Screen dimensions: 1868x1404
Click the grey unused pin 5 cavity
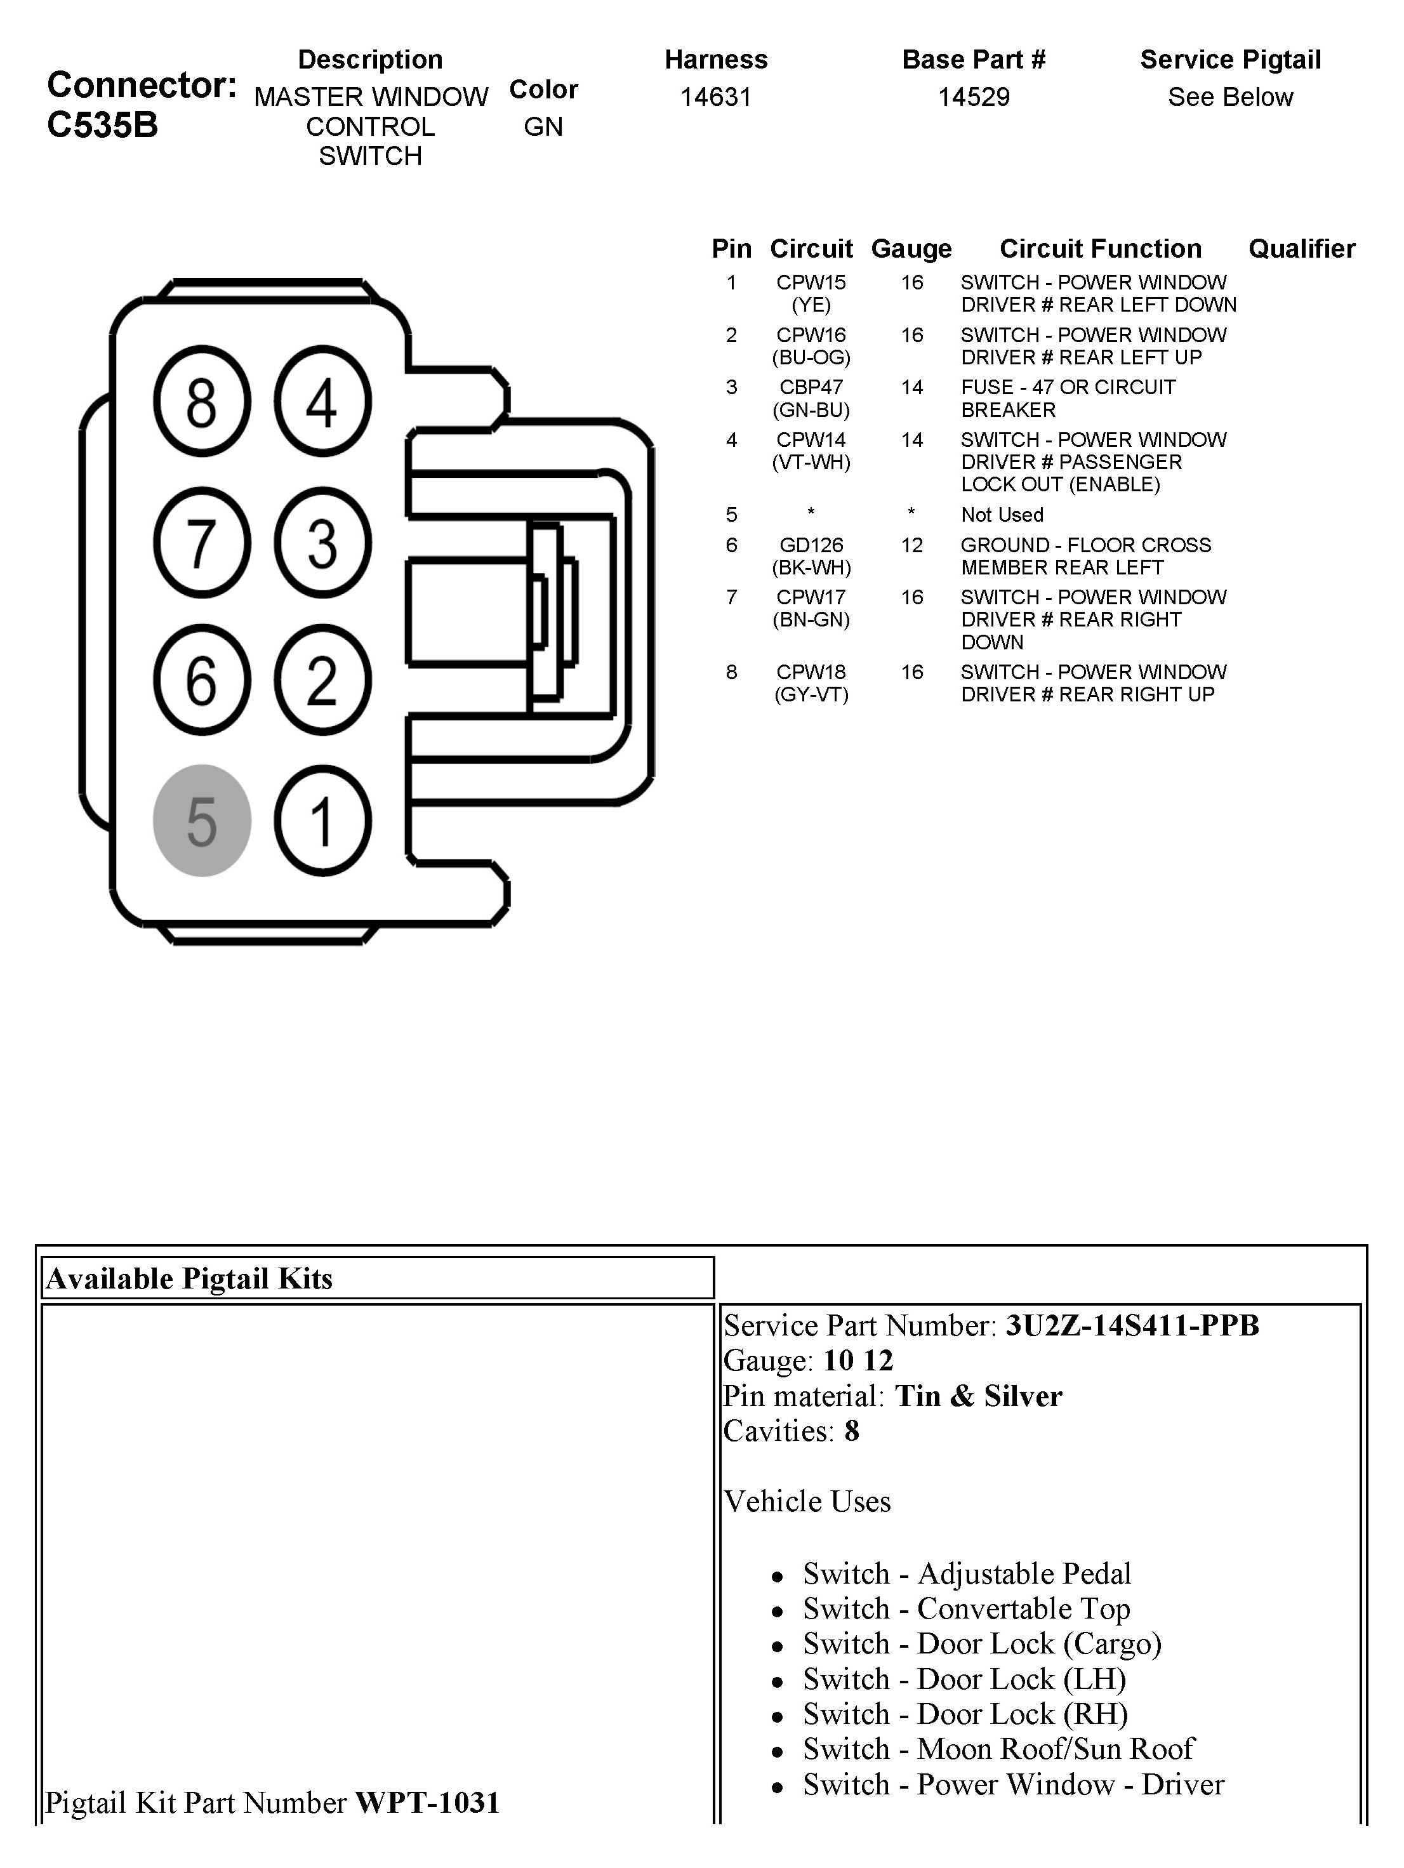click(202, 820)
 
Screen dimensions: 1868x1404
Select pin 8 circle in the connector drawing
click(202, 401)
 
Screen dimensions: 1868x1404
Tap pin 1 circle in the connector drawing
click(322, 820)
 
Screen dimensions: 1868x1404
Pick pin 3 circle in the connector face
click(322, 542)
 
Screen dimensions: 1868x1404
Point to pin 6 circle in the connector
click(202, 680)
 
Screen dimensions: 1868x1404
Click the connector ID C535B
click(102, 125)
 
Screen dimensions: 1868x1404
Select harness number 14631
click(716, 97)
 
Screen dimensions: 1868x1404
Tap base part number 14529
click(974, 97)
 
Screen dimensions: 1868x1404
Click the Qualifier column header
click(1301, 249)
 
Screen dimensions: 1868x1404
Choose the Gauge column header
click(911, 249)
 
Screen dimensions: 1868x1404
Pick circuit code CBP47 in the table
click(811, 388)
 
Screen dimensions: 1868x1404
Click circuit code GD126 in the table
click(811, 545)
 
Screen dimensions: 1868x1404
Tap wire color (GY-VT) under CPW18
click(811, 695)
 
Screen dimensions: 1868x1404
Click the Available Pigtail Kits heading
click(190, 1278)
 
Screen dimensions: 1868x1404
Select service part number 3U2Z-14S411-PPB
click(1131, 1326)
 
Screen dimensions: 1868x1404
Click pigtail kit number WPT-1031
click(427, 1803)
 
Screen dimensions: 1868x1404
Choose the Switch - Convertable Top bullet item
click(966, 1609)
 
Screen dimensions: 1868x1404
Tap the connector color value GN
click(543, 127)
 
